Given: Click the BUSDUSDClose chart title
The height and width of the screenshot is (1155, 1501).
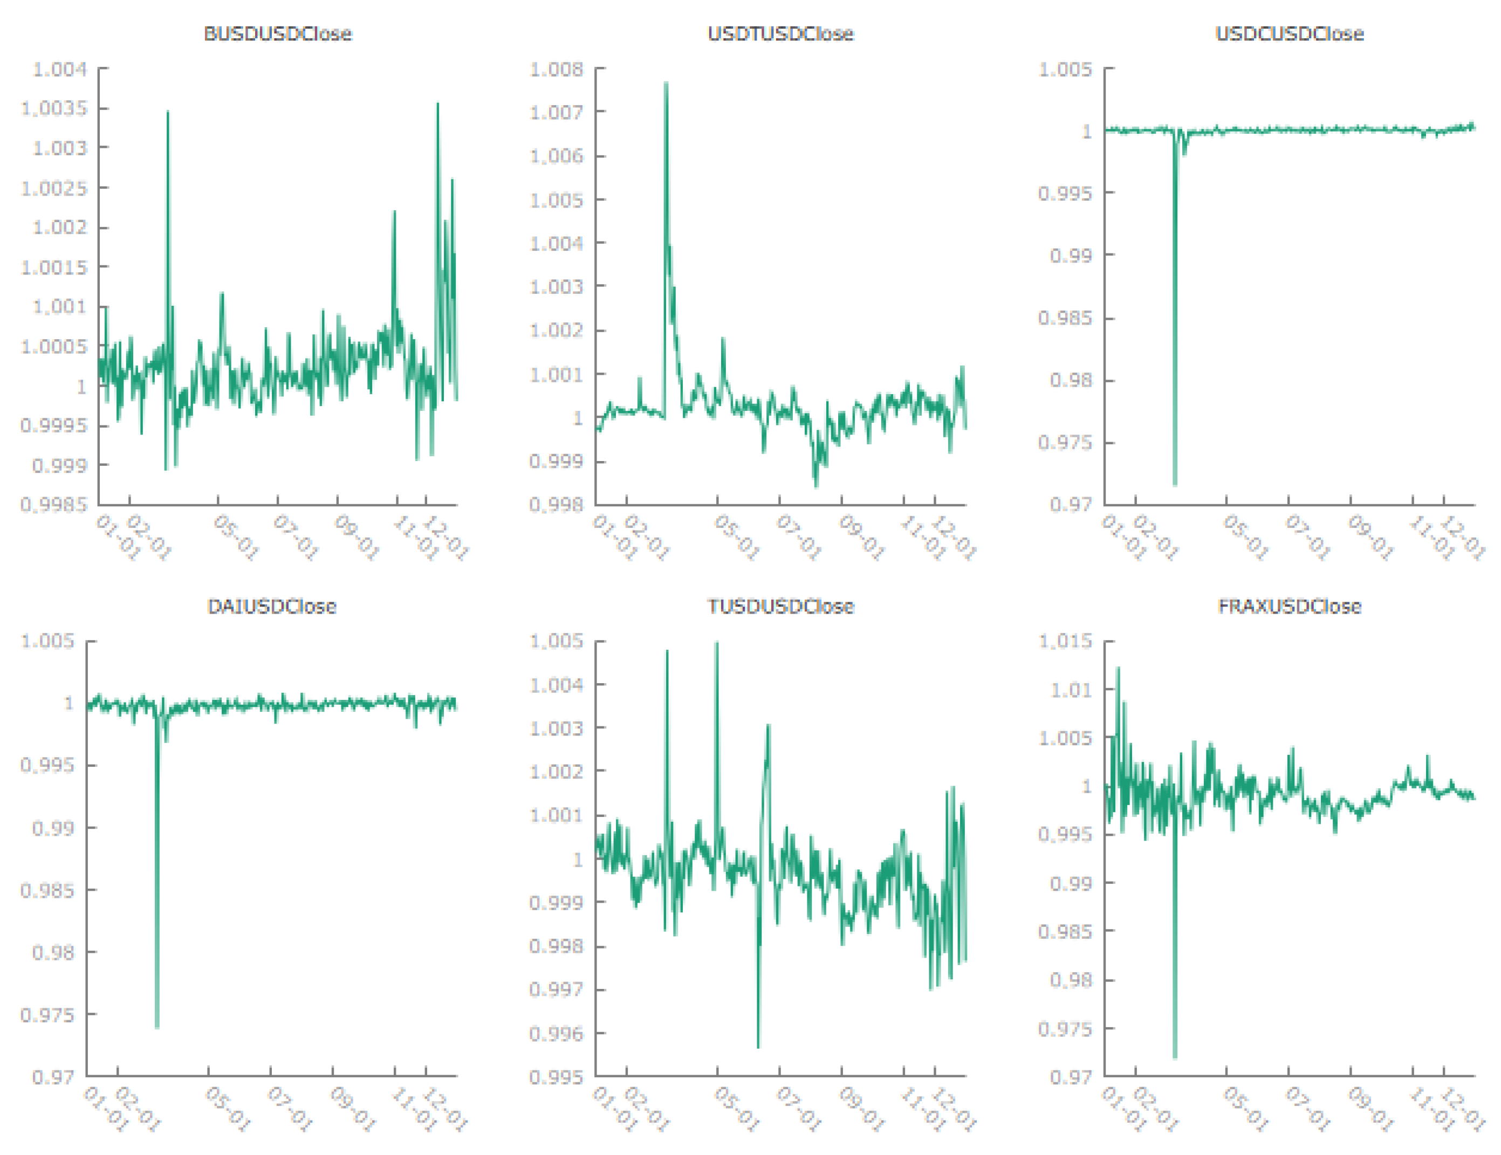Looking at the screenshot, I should pos(278,33).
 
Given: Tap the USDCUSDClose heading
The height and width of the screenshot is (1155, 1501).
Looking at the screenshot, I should pos(1290,33).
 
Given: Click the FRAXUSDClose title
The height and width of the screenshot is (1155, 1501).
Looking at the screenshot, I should pos(1290,606).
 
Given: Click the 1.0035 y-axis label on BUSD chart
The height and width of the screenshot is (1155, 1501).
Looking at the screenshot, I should pos(54,108).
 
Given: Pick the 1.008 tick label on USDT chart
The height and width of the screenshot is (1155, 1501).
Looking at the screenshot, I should pos(556,70).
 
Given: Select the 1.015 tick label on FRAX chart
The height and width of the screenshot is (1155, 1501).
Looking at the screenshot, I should pos(1065,641).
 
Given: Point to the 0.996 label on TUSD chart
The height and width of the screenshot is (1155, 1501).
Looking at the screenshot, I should pos(556,1033).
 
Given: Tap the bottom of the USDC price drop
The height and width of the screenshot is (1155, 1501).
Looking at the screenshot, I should pos(1175,484).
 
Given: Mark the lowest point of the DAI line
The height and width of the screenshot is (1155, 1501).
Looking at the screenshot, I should pos(157,1027).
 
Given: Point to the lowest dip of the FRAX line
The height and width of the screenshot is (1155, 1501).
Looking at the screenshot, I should pos(1175,1057).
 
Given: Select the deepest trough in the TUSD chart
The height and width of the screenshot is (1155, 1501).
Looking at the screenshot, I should pos(758,1047).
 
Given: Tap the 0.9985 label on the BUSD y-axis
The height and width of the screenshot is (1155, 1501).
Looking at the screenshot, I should pos(54,505).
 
